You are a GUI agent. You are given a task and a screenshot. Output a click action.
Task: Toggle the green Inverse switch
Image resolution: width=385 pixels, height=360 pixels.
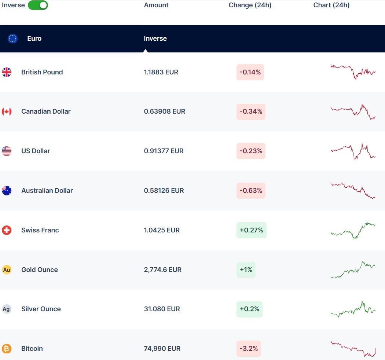(x=38, y=5)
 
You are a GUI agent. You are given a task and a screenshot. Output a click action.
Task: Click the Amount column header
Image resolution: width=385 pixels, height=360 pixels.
(x=156, y=5)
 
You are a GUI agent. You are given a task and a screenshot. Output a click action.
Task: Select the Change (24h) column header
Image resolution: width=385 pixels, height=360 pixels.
(x=250, y=5)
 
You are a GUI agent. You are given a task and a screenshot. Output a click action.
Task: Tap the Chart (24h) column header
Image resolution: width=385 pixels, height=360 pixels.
(x=331, y=5)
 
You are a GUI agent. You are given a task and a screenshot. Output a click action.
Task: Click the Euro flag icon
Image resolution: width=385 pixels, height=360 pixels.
(x=12, y=38)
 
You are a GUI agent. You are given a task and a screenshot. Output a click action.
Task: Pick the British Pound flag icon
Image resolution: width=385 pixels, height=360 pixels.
(x=7, y=72)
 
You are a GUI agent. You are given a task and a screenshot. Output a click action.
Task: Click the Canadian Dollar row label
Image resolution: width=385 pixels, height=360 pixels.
(x=46, y=111)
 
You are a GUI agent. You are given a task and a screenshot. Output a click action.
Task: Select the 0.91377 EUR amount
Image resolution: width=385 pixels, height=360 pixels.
(x=164, y=151)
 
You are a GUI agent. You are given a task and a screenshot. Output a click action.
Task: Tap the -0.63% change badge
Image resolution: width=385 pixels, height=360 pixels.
(x=251, y=191)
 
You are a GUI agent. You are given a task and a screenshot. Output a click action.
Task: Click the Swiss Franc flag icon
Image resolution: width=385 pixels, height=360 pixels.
(x=7, y=230)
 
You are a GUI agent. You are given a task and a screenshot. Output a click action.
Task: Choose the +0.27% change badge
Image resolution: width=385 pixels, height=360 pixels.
(x=251, y=230)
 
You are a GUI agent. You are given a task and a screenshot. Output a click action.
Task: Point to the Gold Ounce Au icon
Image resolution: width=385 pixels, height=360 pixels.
(x=7, y=270)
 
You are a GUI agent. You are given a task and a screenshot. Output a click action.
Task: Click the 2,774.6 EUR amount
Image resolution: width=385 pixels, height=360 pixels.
(x=163, y=270)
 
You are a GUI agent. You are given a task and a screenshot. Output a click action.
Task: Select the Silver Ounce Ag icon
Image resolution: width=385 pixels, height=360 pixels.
(x=7, y=309)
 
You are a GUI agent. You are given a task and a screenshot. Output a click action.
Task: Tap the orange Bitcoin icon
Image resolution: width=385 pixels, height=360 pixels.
(x=7, y=349)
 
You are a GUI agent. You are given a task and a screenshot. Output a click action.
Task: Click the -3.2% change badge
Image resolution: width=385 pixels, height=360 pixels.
(x=249, y=349)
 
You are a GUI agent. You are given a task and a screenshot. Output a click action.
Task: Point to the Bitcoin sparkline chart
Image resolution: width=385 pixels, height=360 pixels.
(x=353, y=349)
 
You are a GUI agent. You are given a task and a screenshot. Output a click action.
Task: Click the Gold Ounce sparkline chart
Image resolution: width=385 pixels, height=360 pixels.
(x=353, y=269)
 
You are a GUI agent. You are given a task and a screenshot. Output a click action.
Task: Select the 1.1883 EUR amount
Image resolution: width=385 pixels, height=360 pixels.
(x=161, y=72)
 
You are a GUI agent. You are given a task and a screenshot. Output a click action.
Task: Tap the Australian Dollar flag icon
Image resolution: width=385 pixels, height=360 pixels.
(x=7, y=191)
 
